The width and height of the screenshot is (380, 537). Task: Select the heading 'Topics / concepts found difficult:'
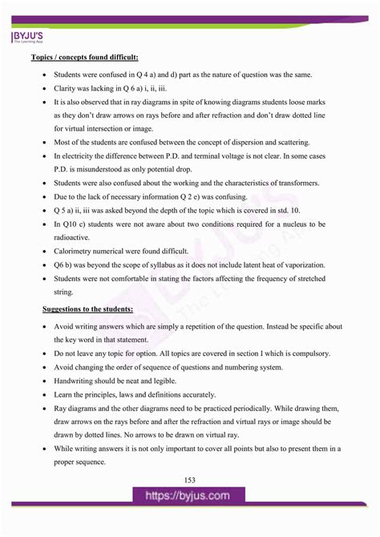(84, 58)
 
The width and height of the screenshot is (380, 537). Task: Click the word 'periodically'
(263, 408)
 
